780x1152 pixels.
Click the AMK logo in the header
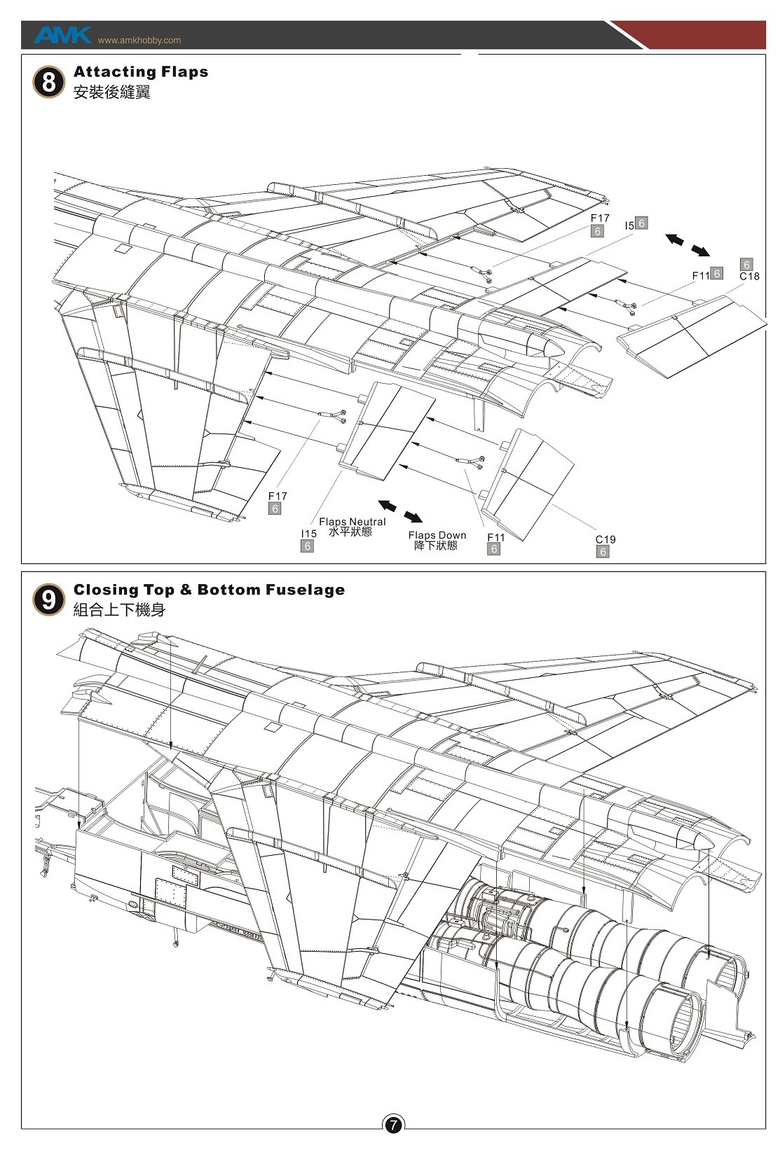(62, 35)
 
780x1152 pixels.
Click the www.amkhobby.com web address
(139, 41)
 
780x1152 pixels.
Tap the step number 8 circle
(48, 83)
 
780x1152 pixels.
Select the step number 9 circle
(48, 601)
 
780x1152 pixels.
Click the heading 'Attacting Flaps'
(141, 71)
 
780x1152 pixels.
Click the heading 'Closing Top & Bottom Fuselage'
(209, 590)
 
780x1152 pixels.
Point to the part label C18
(749, 277)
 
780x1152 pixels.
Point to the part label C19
(605, 539)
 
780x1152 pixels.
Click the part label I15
(308, 534)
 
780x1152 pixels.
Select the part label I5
(629, 225)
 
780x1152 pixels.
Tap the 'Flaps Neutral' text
(352, 522)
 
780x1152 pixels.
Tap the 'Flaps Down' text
(437, 536)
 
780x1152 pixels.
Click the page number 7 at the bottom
(393, 1125)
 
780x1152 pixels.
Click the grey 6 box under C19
(603, 552)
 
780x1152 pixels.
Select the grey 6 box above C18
(747, 265)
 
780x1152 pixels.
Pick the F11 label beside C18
(701, 276)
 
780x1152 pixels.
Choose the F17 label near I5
(600, 218)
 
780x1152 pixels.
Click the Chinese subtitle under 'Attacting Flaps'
(111, 92)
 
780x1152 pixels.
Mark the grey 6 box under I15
(307, 546)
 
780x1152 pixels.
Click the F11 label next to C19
(495, 537)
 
